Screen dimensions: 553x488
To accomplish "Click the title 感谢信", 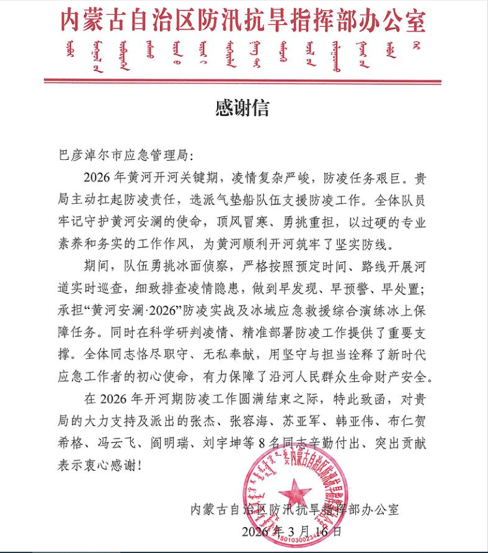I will pos(242,109).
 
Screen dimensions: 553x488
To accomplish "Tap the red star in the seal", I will pos(295,493).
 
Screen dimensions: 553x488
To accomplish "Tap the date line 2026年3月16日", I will pos(291,531).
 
